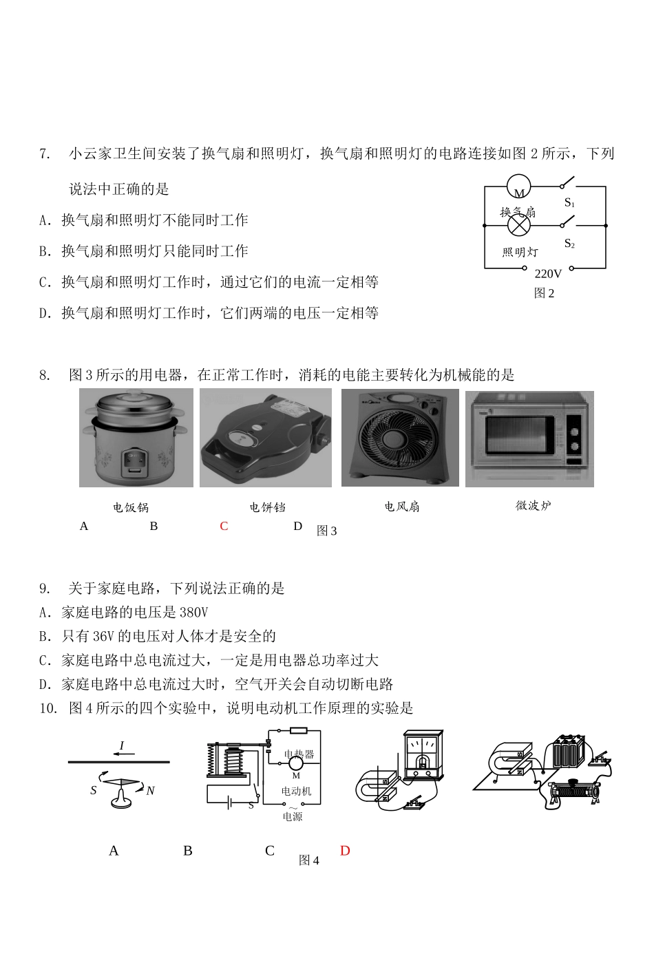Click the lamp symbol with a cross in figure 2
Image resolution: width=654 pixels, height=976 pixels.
520,225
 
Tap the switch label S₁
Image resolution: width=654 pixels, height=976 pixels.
569,202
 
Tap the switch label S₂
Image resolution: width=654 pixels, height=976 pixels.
569,244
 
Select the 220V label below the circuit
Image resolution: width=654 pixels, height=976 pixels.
548,273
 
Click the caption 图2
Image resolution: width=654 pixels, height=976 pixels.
544,293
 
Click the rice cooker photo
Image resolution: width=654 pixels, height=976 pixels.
136,438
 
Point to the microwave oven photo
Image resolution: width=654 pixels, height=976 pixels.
529,438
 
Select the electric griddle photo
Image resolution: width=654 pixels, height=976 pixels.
265,438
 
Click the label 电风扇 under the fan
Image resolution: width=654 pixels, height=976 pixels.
401,507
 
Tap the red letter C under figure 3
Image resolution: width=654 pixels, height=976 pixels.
224,526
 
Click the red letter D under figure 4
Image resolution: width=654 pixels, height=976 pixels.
345,851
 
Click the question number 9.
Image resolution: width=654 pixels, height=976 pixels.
45,588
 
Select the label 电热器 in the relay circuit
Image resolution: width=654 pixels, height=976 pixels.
299,754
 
